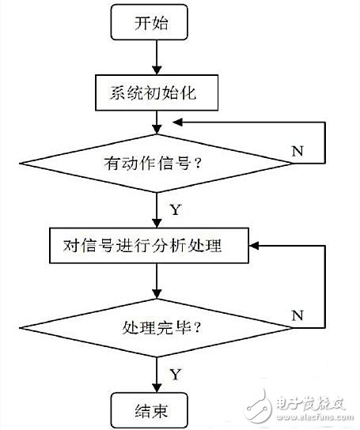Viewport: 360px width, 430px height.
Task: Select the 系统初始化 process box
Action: coord(157,93)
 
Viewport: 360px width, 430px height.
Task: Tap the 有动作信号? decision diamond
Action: coord(157,164)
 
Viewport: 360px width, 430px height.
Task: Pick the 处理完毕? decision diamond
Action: coord(157,326)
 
